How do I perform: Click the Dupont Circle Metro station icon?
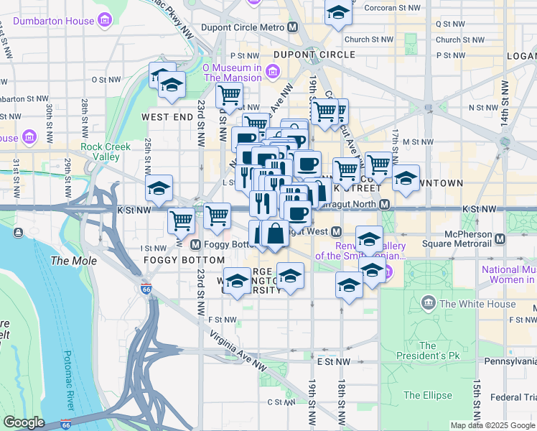coord(292,27)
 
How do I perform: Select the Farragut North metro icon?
coord(385,205)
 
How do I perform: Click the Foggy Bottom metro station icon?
coord(196,244)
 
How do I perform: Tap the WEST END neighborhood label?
coord(167,116)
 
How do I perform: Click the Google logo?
coord(24,422)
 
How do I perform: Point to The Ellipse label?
coord(428,395)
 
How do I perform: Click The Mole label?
coord(73,260)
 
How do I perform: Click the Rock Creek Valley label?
coord(106,152)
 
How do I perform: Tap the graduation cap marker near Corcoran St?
coord(338,12)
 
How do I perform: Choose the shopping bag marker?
coord(275,233)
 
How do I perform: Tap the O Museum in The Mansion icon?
coord(272,71)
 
